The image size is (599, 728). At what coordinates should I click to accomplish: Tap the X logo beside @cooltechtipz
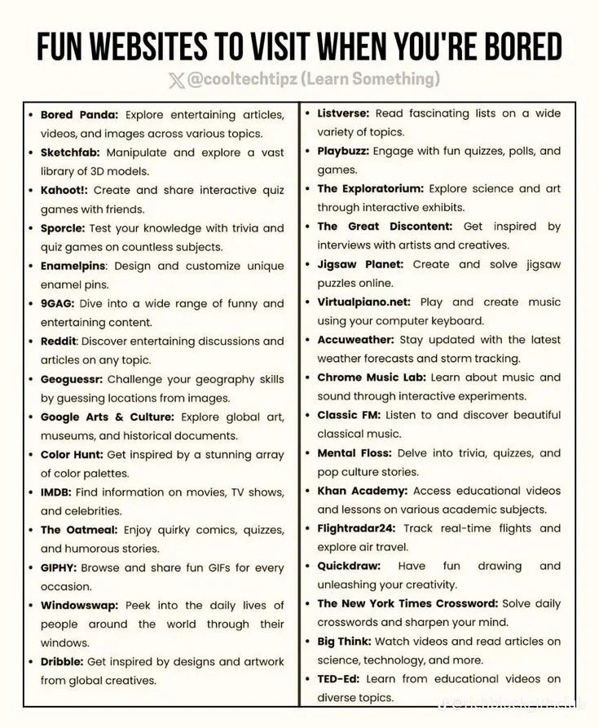(176, 80)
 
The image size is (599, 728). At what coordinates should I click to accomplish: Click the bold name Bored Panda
(79, 115)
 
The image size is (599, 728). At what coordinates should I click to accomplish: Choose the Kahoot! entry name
(64, 190)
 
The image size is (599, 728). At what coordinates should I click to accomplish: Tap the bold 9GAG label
(58, 303)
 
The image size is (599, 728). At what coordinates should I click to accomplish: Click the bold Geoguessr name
(71, 379)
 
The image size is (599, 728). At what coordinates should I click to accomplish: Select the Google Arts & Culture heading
(107, 417)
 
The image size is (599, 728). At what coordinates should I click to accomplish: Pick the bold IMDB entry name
(56, 492)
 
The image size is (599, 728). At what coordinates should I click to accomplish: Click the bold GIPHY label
(59, 567)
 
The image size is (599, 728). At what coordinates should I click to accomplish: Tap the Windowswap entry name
(79, 606)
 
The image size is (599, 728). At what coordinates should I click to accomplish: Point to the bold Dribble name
(61, 661)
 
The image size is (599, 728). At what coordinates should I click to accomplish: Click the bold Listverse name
(343, 113)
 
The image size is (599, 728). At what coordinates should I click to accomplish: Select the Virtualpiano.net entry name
(364, 302)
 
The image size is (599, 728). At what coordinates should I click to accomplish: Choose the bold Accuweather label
(355, 339)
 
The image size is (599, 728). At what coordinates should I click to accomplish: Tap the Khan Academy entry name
(362, 491)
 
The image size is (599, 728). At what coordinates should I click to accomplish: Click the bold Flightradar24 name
(357, 528)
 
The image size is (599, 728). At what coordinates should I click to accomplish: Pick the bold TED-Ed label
(338, 678)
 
